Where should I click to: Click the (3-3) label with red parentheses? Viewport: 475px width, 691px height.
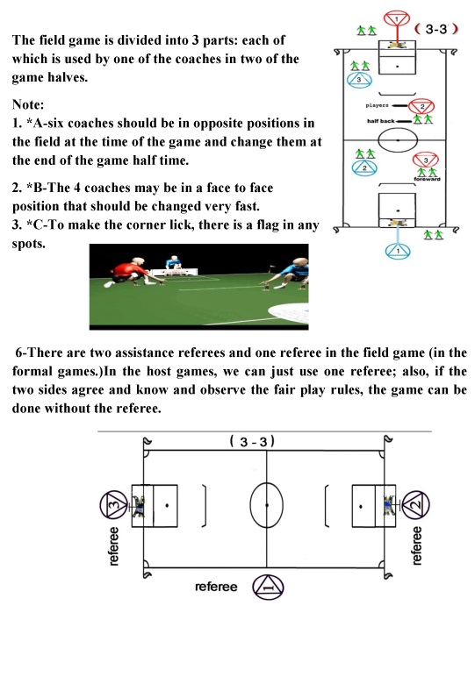436,29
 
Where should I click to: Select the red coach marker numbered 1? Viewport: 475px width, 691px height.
397,19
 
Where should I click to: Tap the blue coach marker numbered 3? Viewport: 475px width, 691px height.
359,80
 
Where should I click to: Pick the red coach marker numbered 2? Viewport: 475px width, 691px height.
421,107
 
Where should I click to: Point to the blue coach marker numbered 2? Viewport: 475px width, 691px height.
364,167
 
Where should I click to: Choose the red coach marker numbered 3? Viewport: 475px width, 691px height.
426,160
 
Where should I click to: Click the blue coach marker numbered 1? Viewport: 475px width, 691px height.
398,251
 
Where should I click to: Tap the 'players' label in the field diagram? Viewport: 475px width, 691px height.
377,105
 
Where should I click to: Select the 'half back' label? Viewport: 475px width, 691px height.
381,121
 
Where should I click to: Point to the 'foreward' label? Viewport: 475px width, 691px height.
427,179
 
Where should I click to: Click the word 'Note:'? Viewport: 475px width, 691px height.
28,104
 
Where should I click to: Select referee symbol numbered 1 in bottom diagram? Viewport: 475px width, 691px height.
268,588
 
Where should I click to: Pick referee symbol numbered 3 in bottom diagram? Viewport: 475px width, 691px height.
114,504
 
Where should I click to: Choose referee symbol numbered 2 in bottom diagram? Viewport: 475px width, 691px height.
415,504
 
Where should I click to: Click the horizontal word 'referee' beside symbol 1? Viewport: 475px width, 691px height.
216,587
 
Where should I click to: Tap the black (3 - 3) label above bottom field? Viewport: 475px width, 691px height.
252,441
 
